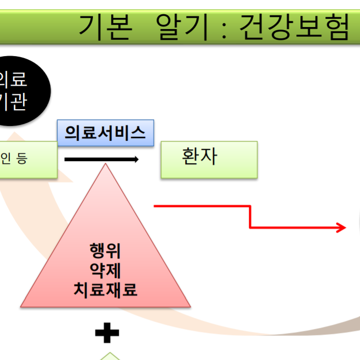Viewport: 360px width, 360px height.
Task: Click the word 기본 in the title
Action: pos(105,26)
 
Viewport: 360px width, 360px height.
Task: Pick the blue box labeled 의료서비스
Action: pos(106,133)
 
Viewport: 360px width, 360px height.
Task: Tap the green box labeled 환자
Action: pos(209,159)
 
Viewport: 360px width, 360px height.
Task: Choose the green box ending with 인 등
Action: pos(25,160)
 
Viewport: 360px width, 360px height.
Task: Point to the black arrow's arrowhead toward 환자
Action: pos(136,160)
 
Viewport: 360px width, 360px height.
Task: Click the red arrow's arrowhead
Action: pos(342,227)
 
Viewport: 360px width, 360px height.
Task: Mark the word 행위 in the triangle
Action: pos(105,251)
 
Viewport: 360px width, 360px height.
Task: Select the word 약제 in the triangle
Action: pos(105,270)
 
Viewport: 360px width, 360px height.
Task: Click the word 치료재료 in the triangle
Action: pos(105,290)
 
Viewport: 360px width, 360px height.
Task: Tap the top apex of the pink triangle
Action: pos(105,165)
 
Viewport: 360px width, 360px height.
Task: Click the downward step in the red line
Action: pos(250,217)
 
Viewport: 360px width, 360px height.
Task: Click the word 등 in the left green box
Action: pos(22,159)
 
